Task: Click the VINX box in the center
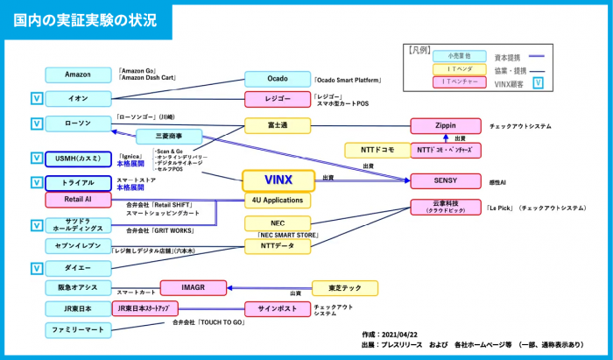(x=278, y=180)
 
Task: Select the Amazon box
(x=78, y=74)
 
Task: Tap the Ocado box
(x=278, y=79)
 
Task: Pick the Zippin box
(x=445, y=126)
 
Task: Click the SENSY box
(x=445, y=180)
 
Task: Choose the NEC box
(x=278, y=223)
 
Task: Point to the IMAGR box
(x=194, y=287)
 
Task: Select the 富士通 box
(x=278, y=125)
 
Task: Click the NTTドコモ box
(x=375, y=150)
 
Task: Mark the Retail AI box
(x=78, y=200)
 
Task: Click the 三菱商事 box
(x=168, y=137)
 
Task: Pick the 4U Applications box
(x=278, y=201)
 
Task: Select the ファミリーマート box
(x=78, y=330)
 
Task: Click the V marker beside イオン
(x=36, y=98)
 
